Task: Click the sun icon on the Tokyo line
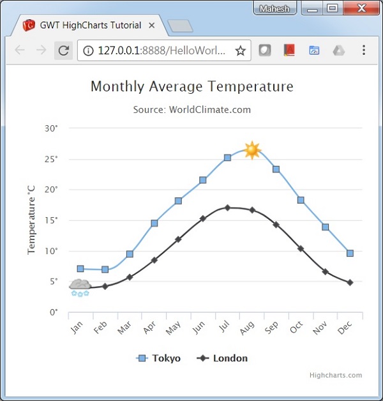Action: pyautogui.click(x=252, y=150)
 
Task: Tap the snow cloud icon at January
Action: pyautogui.click(x=80, y=287)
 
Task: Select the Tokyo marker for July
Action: pyautogui.click(x=227, y=157)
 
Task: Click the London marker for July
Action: pyautogui.click(x=227, y=208)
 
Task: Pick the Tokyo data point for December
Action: pyautogui.click(x=350, y=253)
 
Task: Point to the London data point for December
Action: pyautogui.click(x=350, y=282)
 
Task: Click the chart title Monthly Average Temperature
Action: pyautogui.click(x=191, y=86)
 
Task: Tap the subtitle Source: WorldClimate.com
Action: pyautogui.click(x=191, y=110)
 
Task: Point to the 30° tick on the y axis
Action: pyautogui.click(x=51, y=128)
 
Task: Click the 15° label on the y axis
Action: pyautogui.click(x=51, y=220)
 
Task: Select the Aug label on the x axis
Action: pyautogui.click(x=247, y=328)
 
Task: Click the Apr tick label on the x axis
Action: pyautogui.click(x=149, y=328)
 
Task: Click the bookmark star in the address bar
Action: pyautogui.click(x=241, y=50)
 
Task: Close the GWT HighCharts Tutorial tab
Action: pyautogui.click(x=151, y=26)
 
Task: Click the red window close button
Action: pyautogui.click(x=361, y=8)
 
